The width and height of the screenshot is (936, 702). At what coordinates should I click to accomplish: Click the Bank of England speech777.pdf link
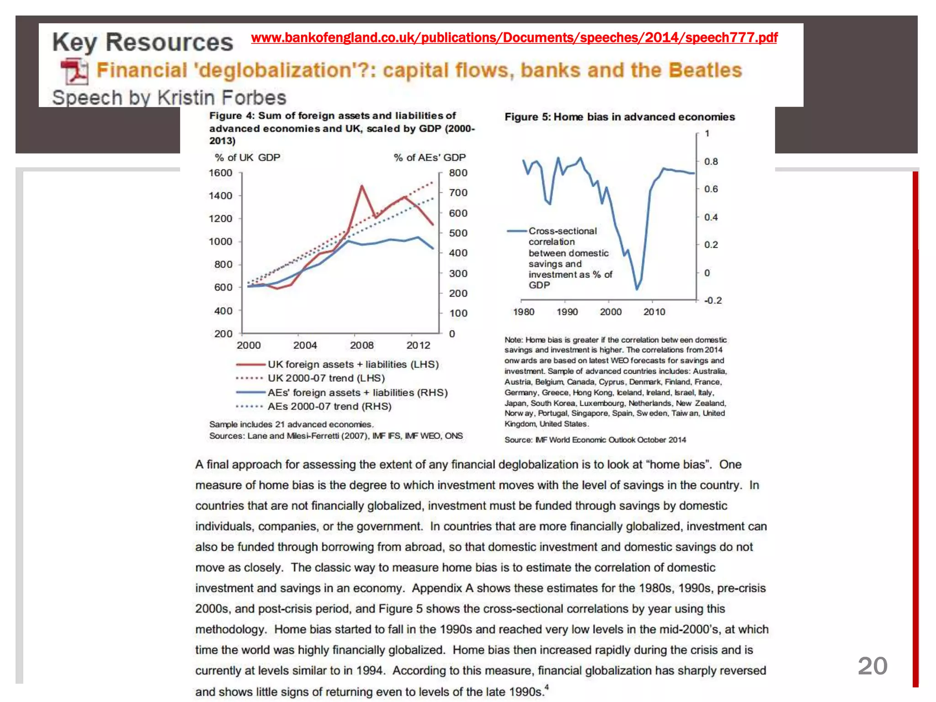(x=514, y=37)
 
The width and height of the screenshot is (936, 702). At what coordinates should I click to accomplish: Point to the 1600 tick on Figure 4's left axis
(x=221, y=173)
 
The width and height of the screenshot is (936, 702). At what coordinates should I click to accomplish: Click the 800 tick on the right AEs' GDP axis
(x=458, y=173)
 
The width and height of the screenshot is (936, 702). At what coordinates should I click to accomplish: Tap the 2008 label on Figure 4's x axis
(x=362, y=346)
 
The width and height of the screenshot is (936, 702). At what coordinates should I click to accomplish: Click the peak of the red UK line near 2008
(x=362, y=186)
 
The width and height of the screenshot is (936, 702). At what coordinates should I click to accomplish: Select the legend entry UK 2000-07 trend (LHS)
(x=326, y=378)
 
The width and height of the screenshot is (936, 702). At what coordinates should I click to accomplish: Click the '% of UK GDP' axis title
(x=247, y=158)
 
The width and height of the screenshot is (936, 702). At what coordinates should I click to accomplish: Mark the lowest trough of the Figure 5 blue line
(x=637, y=289)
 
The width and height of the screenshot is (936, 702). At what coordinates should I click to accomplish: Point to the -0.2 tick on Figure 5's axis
(x=713, y=301)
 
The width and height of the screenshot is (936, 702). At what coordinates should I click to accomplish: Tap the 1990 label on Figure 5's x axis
(x=567, y=312)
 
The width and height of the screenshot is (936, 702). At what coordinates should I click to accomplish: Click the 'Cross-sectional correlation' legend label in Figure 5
(x=562, y=236)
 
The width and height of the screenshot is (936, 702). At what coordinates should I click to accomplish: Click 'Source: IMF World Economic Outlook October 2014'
(x=595, y=440)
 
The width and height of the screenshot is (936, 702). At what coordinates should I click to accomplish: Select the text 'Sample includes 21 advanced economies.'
(x=291, y=425)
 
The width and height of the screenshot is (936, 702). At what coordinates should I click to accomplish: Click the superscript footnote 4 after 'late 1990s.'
(x=547, y=687)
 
